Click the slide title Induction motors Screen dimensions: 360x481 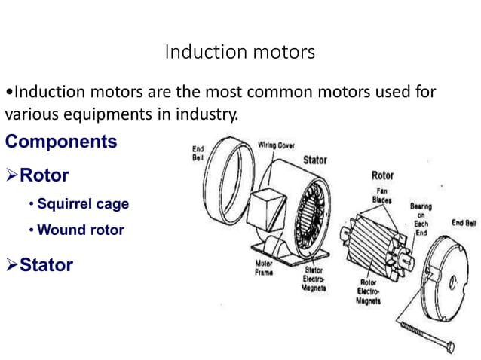(240, 52)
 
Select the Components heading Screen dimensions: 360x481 (61, 142)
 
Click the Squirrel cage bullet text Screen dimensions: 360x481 (82, 204)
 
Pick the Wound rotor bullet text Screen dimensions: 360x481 (80, 230)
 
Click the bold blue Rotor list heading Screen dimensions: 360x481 (44, 175)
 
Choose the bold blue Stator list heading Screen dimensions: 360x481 (46, 264)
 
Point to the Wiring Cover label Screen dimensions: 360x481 (276, 145)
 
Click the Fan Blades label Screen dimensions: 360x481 (381, 195)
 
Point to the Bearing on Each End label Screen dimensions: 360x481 (420, 218)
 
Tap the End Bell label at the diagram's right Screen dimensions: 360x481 (463, 223)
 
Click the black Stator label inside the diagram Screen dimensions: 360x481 (314, 160)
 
